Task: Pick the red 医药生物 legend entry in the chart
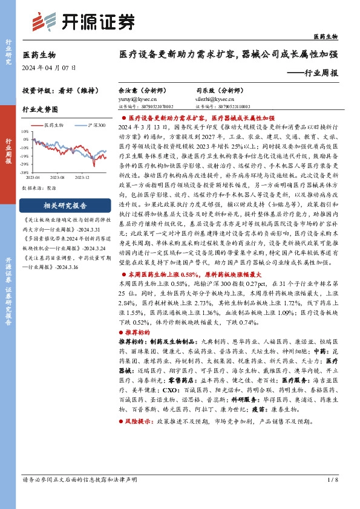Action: click(x=53, y=124)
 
